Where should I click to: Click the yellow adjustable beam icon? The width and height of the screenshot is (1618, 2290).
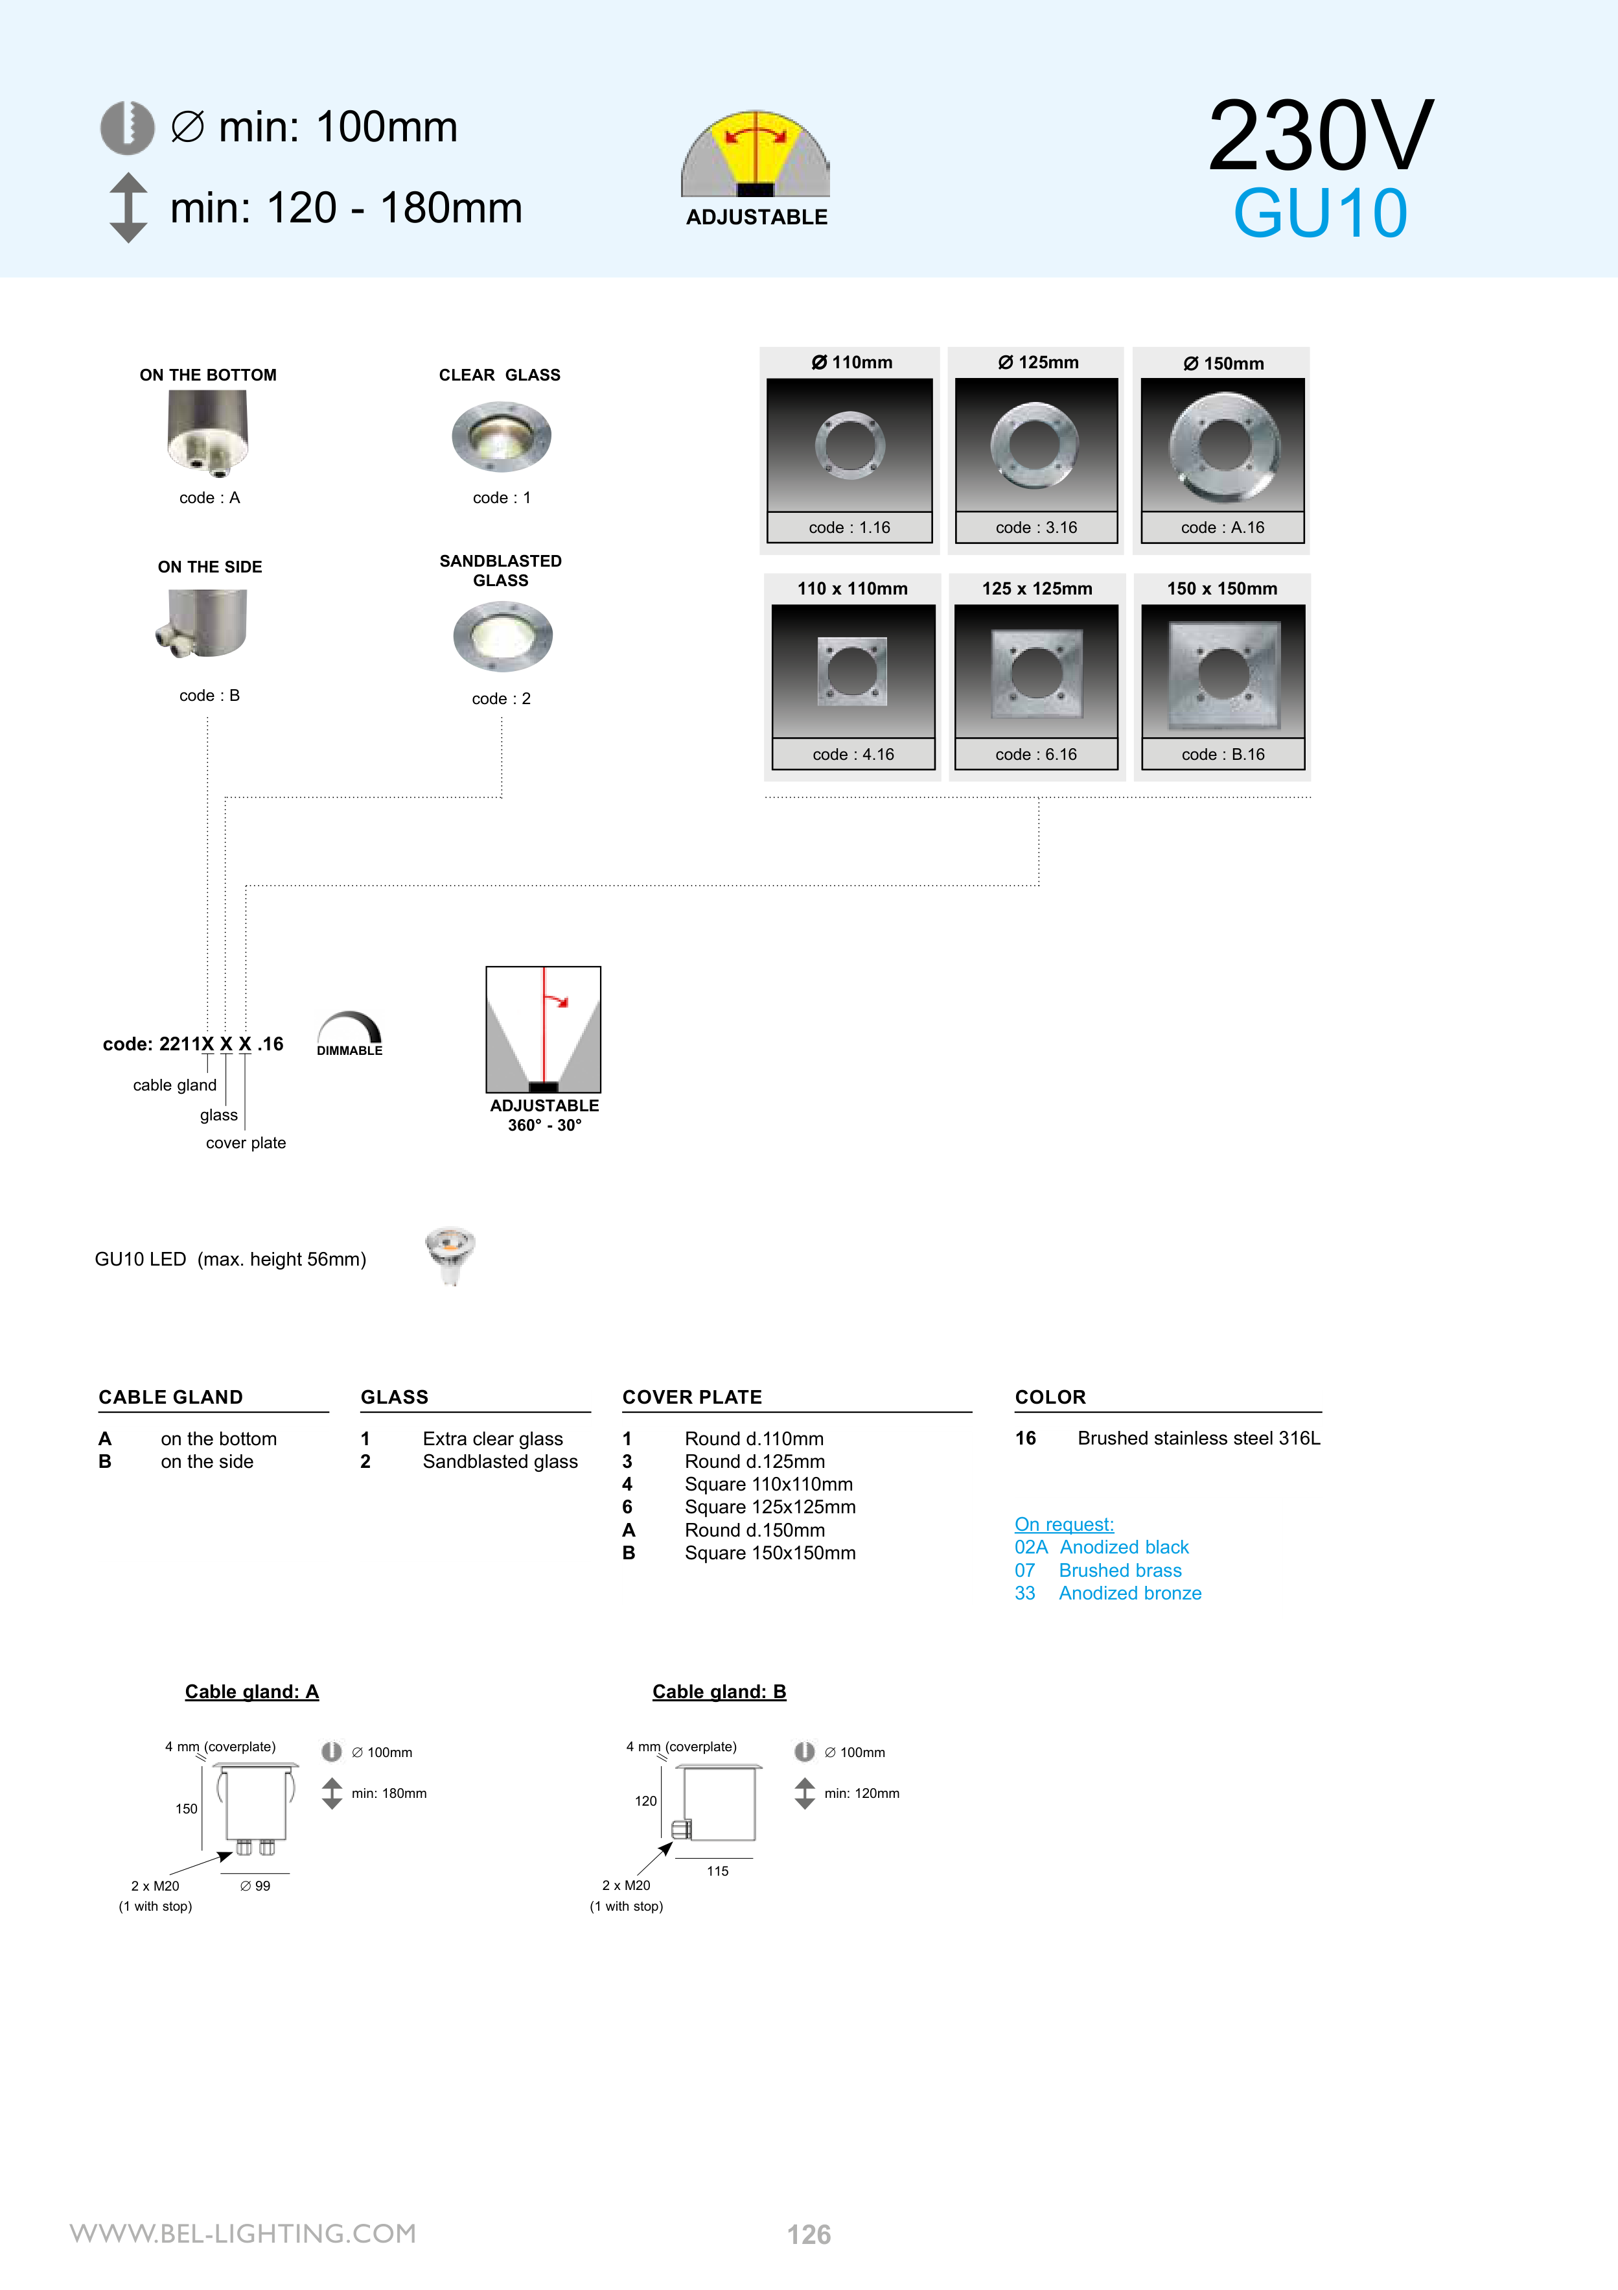755,154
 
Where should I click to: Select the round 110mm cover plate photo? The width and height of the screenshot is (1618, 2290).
849,445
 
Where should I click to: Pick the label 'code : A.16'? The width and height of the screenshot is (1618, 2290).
1222,528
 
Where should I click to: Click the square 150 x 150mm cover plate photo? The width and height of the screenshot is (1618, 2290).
1223,671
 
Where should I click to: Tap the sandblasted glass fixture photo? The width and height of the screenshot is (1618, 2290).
502,636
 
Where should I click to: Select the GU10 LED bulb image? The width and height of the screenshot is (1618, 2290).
450,1255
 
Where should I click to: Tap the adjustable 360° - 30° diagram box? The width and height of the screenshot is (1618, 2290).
543,1030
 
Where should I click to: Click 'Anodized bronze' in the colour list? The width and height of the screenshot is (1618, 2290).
1129,1594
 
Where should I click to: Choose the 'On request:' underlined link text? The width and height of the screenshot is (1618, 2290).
1064,1525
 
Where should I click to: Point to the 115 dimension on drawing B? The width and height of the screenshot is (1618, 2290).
718,1871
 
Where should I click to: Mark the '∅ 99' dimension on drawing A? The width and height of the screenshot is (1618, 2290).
255,1886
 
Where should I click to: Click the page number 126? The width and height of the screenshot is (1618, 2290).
809,2234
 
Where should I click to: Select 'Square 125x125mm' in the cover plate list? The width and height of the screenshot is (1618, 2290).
770,1507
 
